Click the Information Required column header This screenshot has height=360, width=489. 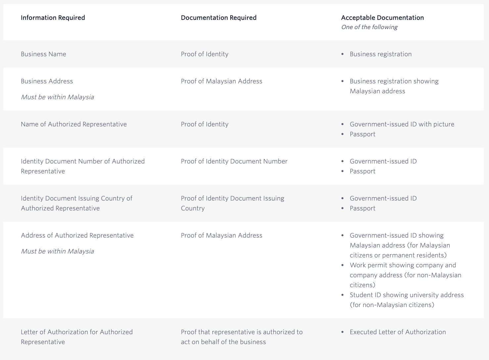pyautogui.click(x=53, y=18)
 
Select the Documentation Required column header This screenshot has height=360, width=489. pyautogui.click(x=219, y=18)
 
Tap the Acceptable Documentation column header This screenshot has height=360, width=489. pyautogui.click(x=382, y=18)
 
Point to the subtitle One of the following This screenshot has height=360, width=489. pyautogui.click(x=369, y=27)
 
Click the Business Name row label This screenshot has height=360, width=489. pyautogui.click(x=43, y=54)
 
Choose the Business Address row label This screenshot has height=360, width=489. pyautogui.click(x=47, y=81)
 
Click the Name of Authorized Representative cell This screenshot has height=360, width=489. pyautogui.click(x=74, y=124)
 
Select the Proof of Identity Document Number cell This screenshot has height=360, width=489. pyautogui.click(x=234, y=161)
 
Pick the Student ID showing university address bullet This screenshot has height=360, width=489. pyautogui.click(x=407, y=300)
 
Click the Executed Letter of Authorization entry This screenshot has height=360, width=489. pyautogui.click(x=398, y=332)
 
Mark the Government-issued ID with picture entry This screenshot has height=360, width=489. pyautogui.click(x=402, y=124)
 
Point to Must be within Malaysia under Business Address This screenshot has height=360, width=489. pyautogui.click(x=57, y=97)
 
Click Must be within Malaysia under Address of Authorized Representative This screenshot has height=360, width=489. pyautogui.click(x=57, y=251)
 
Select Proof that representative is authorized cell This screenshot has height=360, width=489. pyautogui.click(x=242, y=337)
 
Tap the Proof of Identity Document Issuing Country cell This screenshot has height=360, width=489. pyautogui.click(x=232, y=203)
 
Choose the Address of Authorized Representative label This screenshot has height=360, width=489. pyautogui.click(x=77, y=236)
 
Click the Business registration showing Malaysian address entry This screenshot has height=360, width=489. pyautogui.click(x=394, y=86)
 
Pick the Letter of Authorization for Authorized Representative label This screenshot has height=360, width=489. pyautogui.click(x=76, y=337)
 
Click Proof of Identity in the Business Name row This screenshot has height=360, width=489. pyautogui.click(x=204, y=54)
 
